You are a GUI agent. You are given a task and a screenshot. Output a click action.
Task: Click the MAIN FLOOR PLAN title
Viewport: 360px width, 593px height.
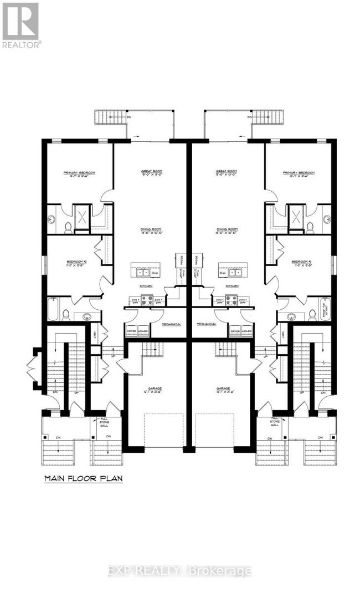pyautogui.click(x=83, y=478)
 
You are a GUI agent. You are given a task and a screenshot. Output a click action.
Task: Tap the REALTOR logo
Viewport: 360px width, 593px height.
pyautogui.click(x=20, y=25)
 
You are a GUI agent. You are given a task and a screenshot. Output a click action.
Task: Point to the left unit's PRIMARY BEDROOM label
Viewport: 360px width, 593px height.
pyautogui.click(x=79, y=173)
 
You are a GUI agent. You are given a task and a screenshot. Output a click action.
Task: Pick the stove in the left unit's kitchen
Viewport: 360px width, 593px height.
pyautogui.click(x=147, y=300)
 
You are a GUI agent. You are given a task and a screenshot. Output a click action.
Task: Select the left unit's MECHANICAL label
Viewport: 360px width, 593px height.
pyautogui.click(x=171, y=324)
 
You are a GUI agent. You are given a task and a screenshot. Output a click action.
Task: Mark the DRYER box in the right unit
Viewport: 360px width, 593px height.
pyautogui.click(x=235, y=331)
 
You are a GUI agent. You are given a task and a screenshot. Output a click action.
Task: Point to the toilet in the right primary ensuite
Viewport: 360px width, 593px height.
pyautogui.click(x=310, y=226)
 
